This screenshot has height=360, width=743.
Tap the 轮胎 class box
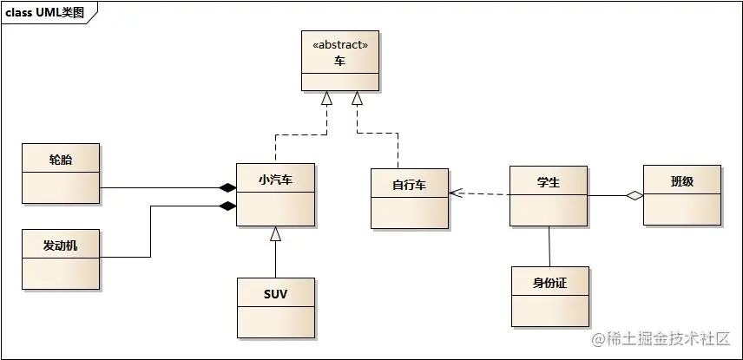click(61, 173)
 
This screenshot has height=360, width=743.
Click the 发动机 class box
click(61, 259)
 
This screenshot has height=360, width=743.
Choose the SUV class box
click(275, 307)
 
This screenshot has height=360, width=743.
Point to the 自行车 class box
click(409, 198)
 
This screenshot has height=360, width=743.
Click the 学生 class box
click(548, 195)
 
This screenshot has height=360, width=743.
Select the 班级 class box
click(681, 195)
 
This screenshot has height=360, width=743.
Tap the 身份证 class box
click(549, 296)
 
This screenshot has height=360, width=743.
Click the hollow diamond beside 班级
click(635, 196)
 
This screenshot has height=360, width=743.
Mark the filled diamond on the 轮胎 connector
click(227, 187)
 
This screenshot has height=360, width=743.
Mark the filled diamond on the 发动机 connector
click(227, 206)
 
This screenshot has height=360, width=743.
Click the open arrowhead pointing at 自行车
click(455, 193)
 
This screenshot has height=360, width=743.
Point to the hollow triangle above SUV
click(275, 232)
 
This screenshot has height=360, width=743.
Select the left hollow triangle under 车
click(327, 99)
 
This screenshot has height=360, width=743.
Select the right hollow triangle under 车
click(357, 99)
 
